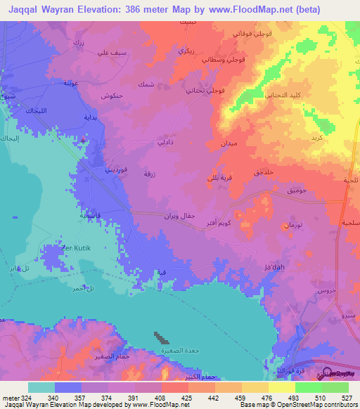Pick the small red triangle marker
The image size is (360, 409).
point(84,140)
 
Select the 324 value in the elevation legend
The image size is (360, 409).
point(27,397)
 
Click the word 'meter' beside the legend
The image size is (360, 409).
point(10,397)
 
